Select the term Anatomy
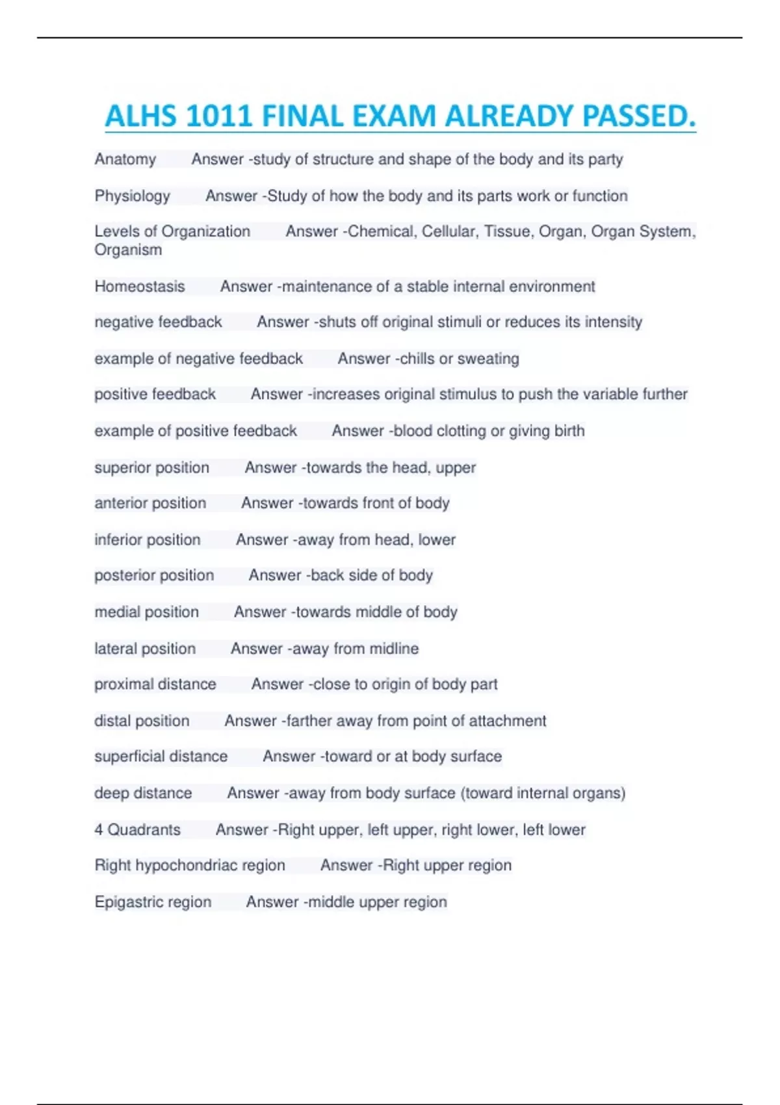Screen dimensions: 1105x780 coord(125,159)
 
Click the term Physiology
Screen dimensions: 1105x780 coord(133,196)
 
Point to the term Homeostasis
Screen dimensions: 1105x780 coord(140,287)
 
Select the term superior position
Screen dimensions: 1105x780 coord(152,467)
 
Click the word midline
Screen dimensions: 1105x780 coord(394,649)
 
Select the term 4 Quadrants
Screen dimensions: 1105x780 coord(138,830)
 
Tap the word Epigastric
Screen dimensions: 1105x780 coord(127,902)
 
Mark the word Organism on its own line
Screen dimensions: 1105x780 coord(128,250)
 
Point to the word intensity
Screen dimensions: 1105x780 coord(614,322)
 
